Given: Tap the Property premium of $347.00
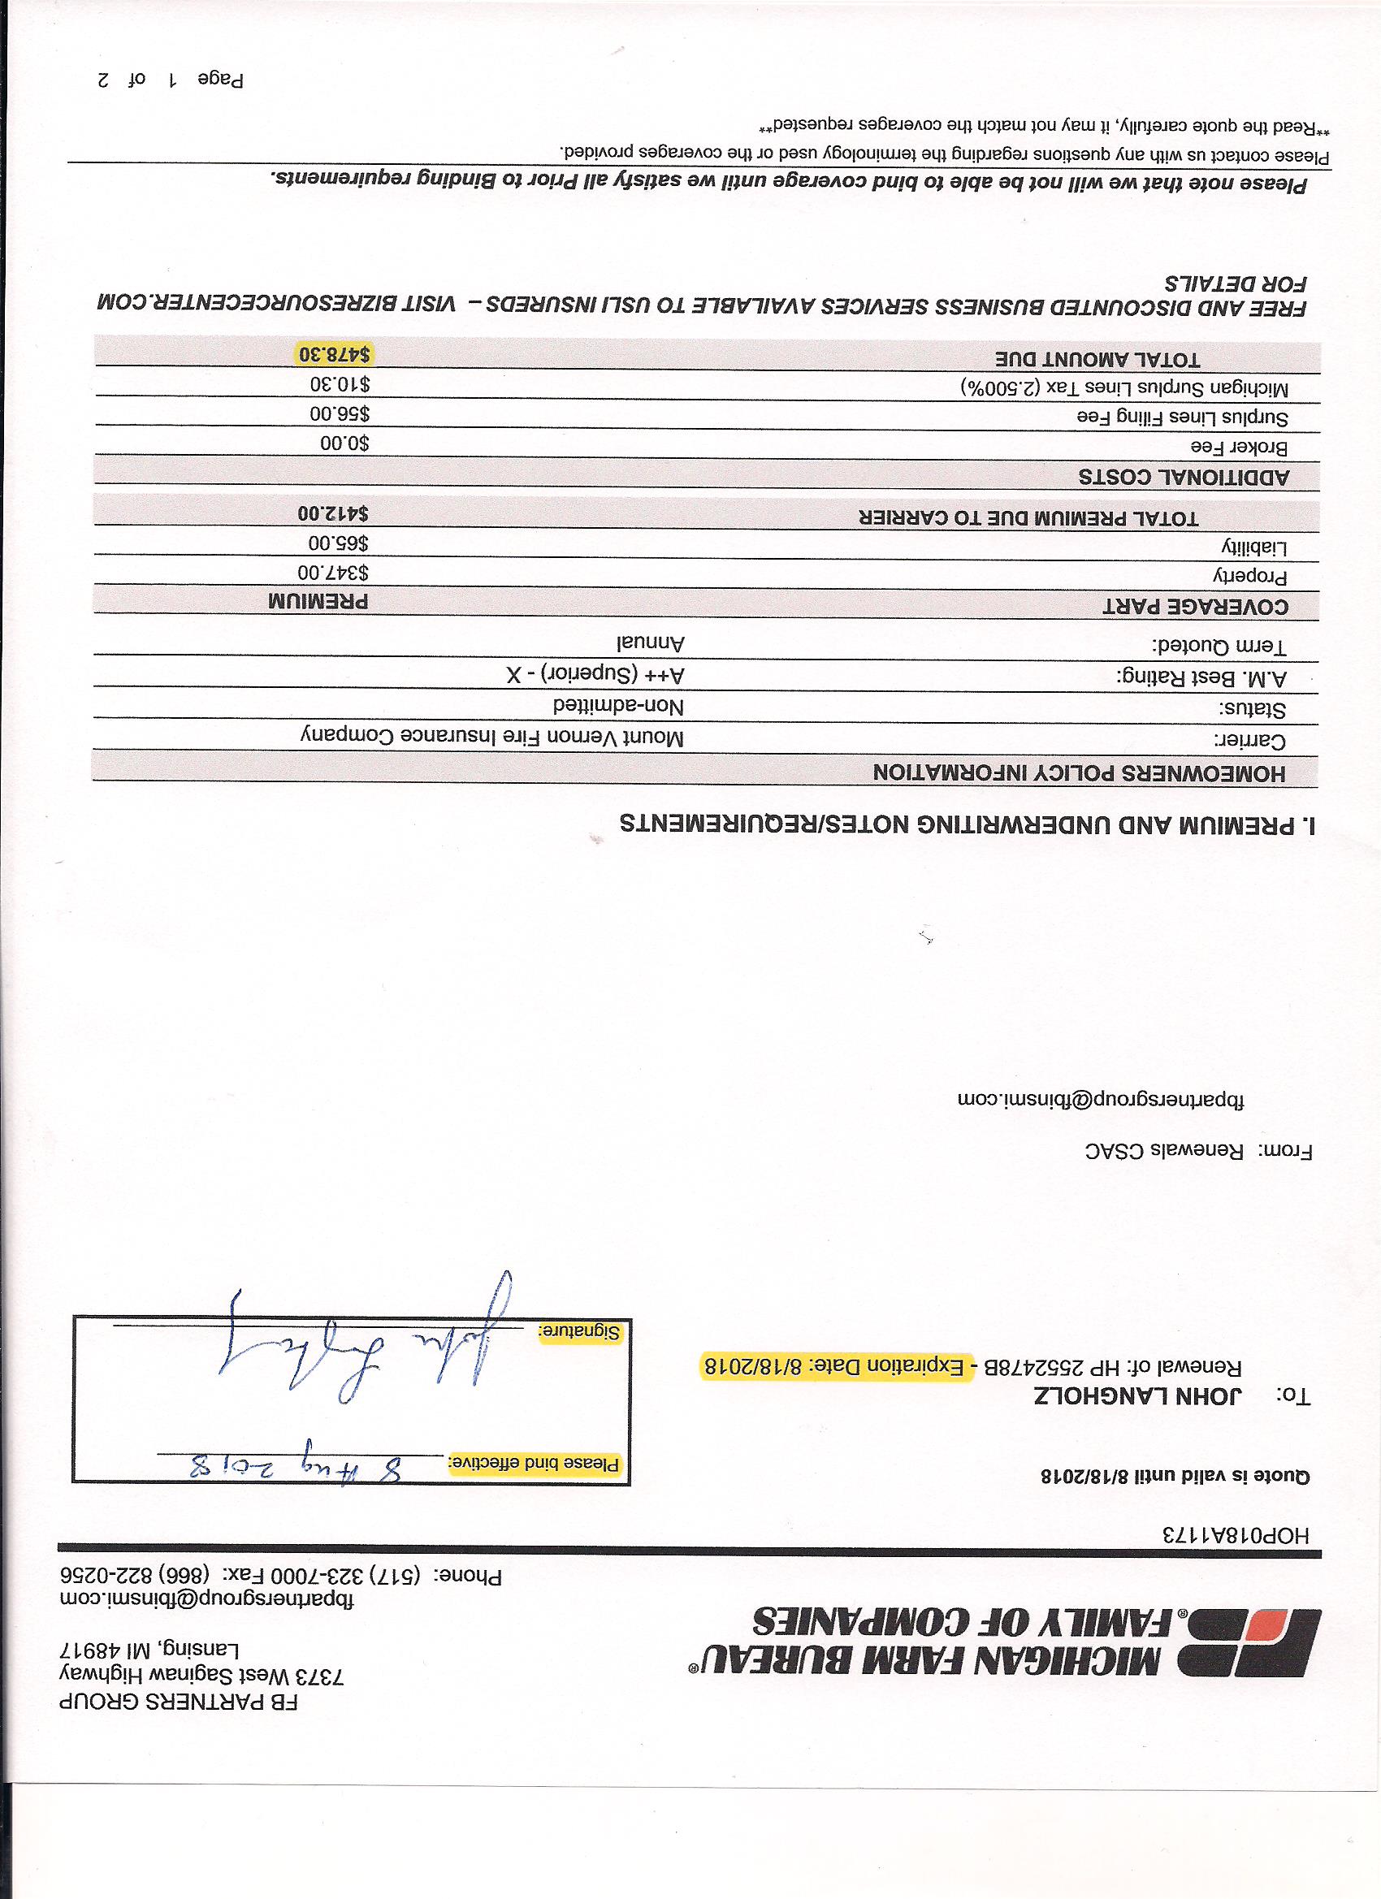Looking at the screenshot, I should click(x=333, y=573).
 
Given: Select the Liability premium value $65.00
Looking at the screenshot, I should click(x=340, y=543).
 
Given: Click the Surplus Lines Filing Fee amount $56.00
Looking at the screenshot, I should click(x=340, y=413).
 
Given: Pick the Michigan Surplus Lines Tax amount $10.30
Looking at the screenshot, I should click(x=340, y=384).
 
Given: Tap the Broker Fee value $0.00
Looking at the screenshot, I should click(x=344, y=443).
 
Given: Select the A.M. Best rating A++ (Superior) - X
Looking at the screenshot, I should click(x=595, y=673).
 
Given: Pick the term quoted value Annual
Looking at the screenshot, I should click(x=651, y=643).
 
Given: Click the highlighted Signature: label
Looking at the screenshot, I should click(x=579, y=1331).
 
